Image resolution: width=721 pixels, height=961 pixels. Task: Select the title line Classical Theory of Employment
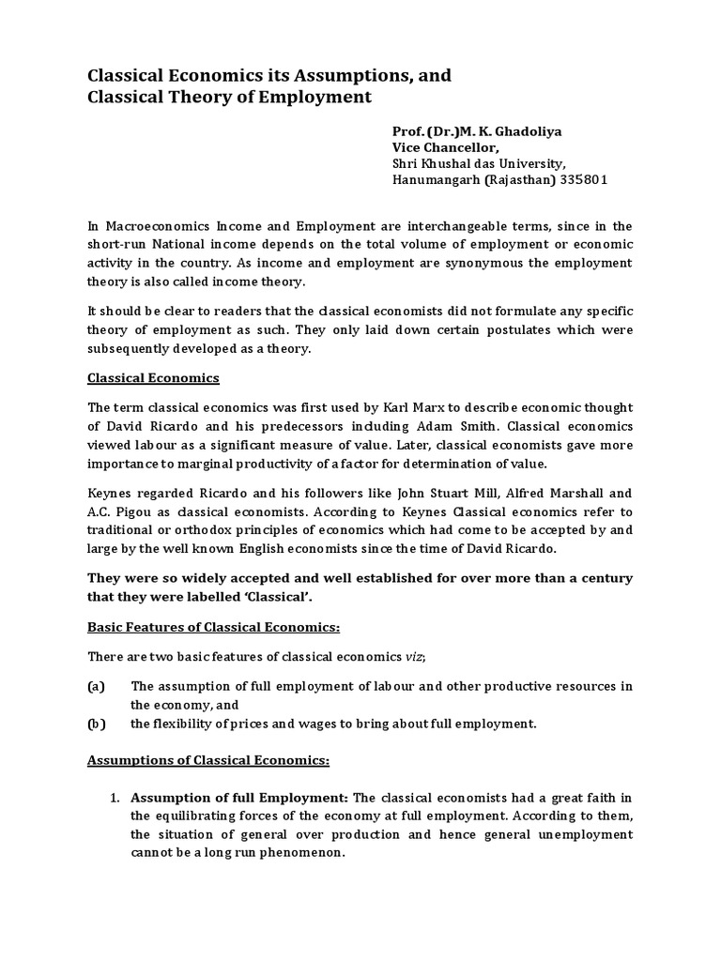pos(229,97)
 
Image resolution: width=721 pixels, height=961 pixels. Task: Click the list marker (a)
pos(96,686)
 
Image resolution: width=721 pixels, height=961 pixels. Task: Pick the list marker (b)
pos(96,723)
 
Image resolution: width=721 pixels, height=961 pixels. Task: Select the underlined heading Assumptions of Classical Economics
pos(208,760)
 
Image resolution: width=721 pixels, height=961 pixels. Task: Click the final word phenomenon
pos(299,852)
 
